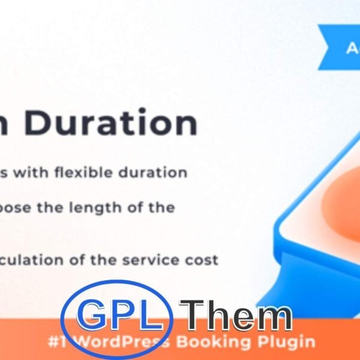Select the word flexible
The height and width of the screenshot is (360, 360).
coord(92,173)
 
